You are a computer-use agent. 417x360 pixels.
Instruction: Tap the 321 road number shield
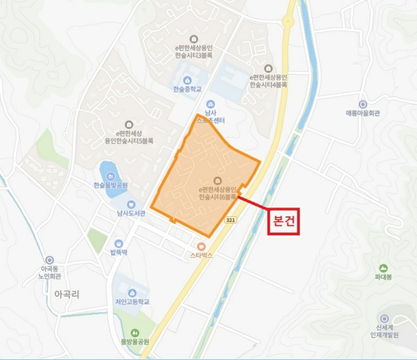click(231, 220)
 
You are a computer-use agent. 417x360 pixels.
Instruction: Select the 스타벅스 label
click(201, 255)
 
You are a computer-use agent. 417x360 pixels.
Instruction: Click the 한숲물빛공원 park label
click(111, 185)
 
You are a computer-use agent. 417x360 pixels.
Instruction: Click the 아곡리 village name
click(67, 294)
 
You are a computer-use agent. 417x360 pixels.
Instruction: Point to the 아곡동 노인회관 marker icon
click(49, 260)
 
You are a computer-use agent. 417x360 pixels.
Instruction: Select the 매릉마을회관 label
click(363, 112)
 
